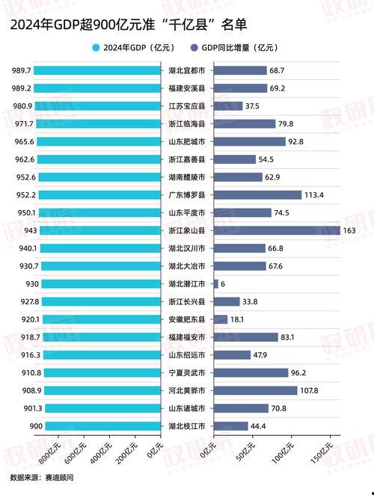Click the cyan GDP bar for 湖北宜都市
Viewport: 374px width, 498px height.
[98, 70]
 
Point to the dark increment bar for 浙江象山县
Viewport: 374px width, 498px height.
[277, 230]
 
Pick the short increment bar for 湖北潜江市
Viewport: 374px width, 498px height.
[216, 283]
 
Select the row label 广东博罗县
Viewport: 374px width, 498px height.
[187, 195]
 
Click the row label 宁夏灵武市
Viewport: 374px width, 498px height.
[187, 372]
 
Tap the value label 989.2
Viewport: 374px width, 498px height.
[21, 88]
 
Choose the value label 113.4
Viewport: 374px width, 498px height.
[314, 195]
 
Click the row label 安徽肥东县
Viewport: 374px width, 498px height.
[187, 319]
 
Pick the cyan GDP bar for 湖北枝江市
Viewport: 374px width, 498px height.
[98, 425]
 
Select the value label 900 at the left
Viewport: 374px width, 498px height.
[21, 425]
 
